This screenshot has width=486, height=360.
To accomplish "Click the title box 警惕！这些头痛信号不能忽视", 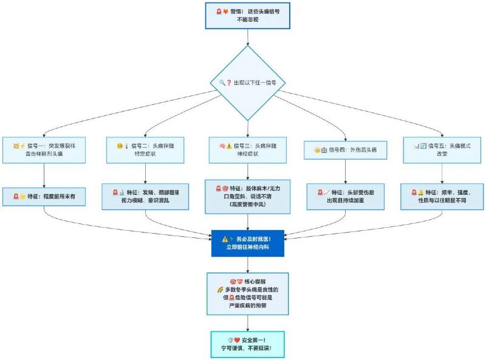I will click(247, 15).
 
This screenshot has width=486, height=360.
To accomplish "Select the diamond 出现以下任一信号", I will click(247, 83).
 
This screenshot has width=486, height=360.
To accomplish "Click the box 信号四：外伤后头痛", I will click(345, 150).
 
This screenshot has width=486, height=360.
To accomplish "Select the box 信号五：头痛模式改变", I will click(442, 150).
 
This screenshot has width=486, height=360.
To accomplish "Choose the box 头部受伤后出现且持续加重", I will click(345, 197).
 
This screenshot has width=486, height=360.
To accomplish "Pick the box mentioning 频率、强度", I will click(442, 197).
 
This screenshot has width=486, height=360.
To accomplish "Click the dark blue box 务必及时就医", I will click(247, 243).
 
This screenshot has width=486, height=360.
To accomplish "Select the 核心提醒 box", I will click(247, 294).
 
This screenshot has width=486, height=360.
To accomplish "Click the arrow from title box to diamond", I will click(247, 37).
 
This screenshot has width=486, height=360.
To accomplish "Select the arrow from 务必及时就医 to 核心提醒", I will click(247, 265).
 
